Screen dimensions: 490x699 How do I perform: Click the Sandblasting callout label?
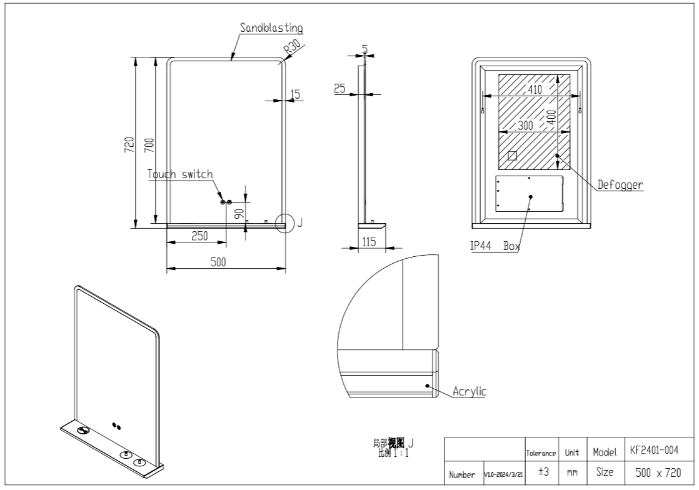point(271,28)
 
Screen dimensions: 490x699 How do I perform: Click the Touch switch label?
point(180,174)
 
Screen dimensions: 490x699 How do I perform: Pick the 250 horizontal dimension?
point(199,236)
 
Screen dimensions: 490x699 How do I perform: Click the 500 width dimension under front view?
point(218,262)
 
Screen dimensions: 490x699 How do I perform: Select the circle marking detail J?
point(285,222)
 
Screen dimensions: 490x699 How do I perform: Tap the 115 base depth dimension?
point(369,242)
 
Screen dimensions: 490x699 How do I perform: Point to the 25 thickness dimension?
point(339,89)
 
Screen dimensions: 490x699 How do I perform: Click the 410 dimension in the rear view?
point(535,89)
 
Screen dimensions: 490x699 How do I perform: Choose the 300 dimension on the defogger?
point(526,126)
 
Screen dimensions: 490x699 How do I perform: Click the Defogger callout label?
point(620,185)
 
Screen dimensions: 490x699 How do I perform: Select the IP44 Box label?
point(495,246)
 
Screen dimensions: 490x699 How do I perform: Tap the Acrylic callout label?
point(469,392)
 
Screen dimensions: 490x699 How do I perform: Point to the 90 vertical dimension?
point(238,214)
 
